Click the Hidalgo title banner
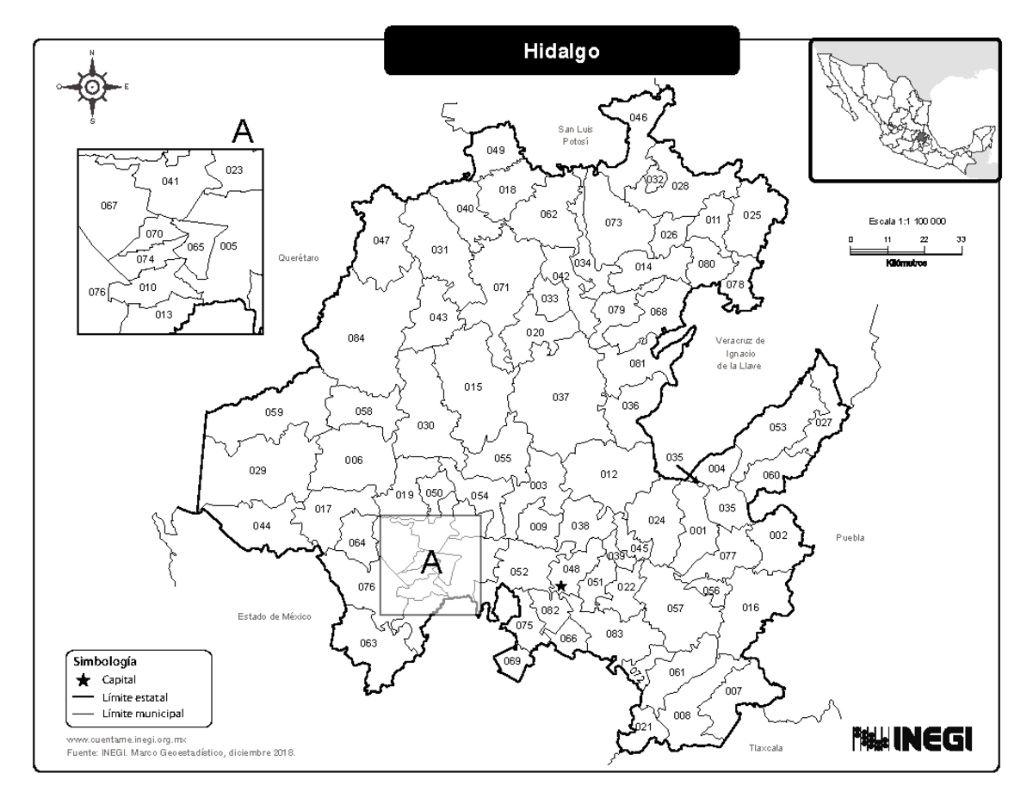point(561,51)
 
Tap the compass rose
point(92,86)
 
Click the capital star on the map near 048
point(561,585)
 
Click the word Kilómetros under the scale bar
point(905,263)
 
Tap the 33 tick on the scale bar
point(961,239)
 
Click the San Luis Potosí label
point(575,135)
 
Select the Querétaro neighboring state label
point(299,257)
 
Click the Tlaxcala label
point(765,749)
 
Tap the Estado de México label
point(275,616)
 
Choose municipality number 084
point(356,338)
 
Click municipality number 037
point(560,397)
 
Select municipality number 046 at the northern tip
point(638,117)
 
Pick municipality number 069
point(512,661)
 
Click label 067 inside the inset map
point(108,206)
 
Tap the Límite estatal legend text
point(131,696)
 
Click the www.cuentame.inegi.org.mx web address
point(126,739)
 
